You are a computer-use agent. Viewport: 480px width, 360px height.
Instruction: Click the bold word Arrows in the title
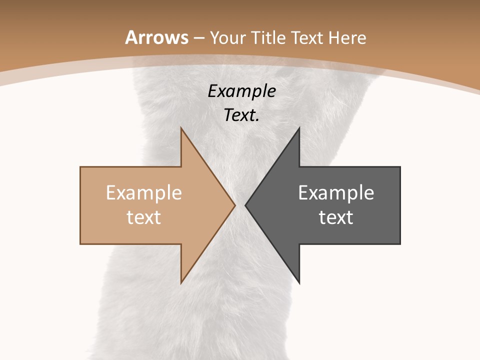click(157, 37)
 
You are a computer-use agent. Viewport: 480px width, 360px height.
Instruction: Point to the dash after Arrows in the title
click(198, 38)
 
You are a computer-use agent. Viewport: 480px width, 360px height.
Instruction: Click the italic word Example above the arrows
click(242, 91)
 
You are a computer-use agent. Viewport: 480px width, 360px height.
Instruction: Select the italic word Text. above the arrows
click(242, 115)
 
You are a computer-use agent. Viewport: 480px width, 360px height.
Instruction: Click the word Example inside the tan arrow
click(144, 193)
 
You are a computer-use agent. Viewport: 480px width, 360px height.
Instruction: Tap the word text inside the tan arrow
click(144, 217)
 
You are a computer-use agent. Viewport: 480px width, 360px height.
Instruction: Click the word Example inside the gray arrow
click(336, 193)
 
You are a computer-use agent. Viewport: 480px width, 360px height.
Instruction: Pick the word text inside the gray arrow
click(336, 217)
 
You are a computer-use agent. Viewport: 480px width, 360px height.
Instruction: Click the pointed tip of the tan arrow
click(234, 205)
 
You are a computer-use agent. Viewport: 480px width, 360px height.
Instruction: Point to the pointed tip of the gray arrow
click(245, 205)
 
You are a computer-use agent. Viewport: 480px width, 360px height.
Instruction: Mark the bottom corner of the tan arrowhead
click(181, 283)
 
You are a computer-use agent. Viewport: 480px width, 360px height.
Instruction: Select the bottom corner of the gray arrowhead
click(299, 283)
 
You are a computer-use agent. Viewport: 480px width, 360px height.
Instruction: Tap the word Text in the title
click(305, 37)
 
